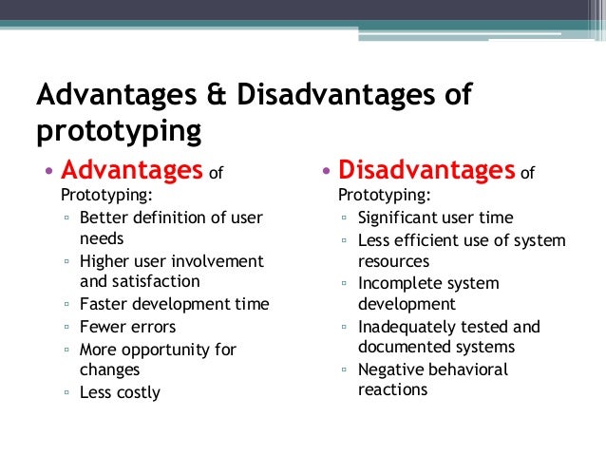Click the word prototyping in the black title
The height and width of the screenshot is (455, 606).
[x=119, y=131]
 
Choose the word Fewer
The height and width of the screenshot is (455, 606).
[x=104, y=326]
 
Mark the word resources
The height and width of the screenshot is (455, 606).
[x=393, y=260]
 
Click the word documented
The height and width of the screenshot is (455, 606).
[x=406, y=347]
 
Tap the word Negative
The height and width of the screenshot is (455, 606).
[x=390, y=369]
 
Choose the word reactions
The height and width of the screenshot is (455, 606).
[x=392, y=389]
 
